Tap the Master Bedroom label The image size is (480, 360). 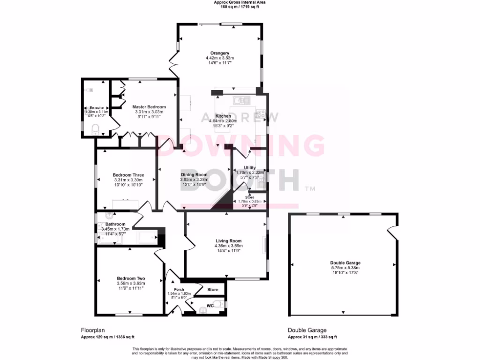click(147, 107)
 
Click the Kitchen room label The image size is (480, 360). click(223, 116)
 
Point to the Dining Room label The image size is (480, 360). click(194, 175)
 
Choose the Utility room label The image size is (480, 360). click(250, 167)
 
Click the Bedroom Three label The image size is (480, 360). click(128, 175)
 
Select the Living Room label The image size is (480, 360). click(228, 240)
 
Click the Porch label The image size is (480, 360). click(179, 289)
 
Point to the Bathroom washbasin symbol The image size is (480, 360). click(110, 215)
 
